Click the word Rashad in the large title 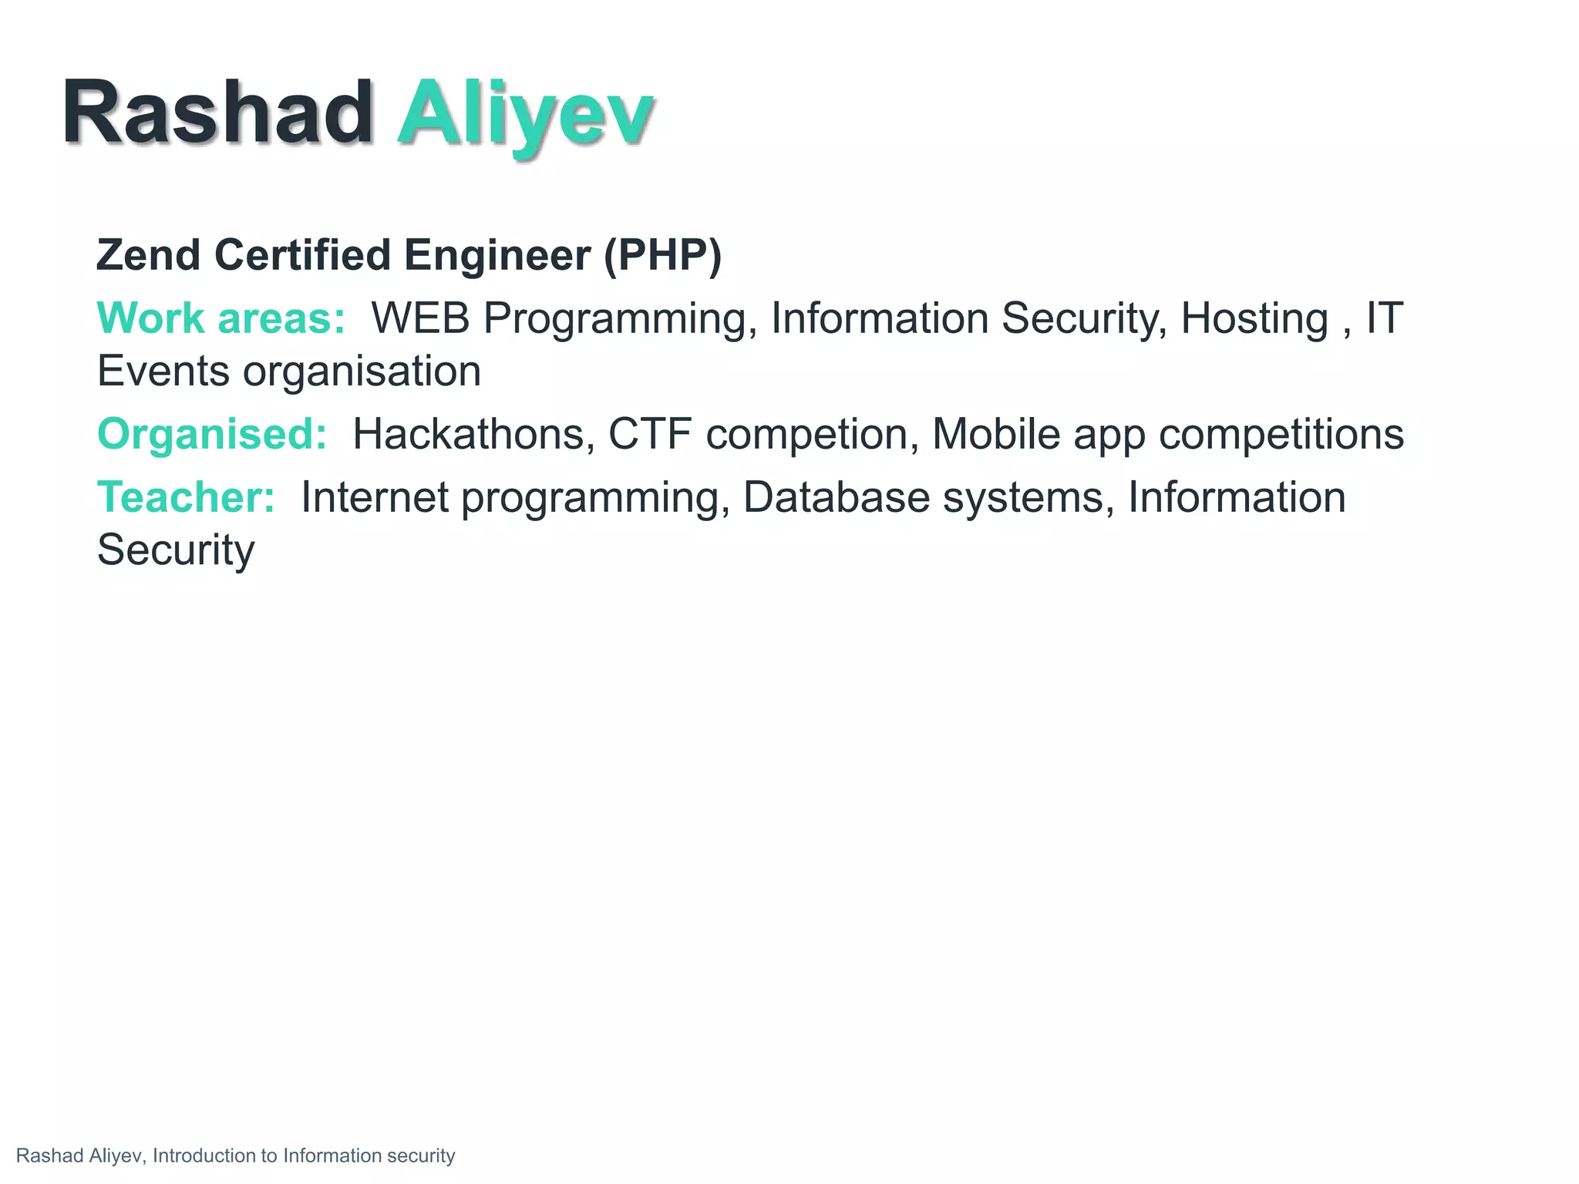(x=217, y=113)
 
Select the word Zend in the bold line (x=148, y=255)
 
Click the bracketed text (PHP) (x=662, y=255)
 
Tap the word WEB (x=420, y=318)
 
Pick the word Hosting (x=1254, y=318)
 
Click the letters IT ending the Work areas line (x=1385, y=318)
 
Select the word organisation (x=362, y=372)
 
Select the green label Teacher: (x=186, y=497)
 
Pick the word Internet (x=375, y=497)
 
